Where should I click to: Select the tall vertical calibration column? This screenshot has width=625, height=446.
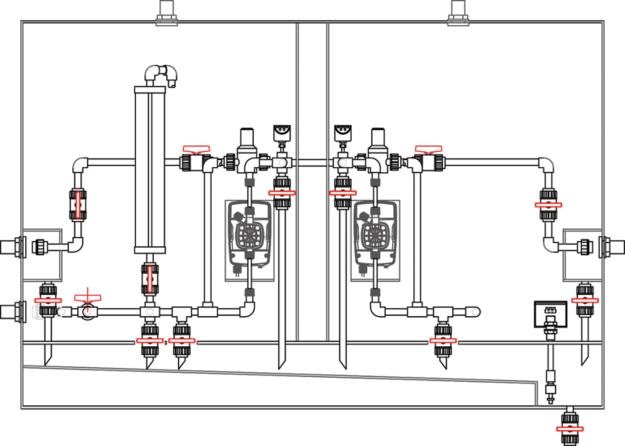pyautogui.click(x=150, y=171)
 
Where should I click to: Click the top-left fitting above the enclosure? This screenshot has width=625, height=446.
pyautogui.click(x=168, y=12)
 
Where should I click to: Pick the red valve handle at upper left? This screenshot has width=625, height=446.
pyautogui.click(x=195, y=150)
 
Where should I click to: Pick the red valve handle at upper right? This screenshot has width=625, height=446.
pyautogui.click(x=428, y=150)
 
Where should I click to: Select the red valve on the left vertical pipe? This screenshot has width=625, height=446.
pyautogui.click(x=78, y=205)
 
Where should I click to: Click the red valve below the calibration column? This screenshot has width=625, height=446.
pyautogui.click(x=150, y=278)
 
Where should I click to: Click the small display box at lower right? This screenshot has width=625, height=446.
pyautogui.click(x=549, y=314)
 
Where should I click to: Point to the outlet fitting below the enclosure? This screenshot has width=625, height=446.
pyautogui.click(x=570, y=424)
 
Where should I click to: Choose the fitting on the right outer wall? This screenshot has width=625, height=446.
pyautogui.click(x=609, y=246)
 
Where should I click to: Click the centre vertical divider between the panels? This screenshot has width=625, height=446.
pyautogui.click(x=312, y=179)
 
